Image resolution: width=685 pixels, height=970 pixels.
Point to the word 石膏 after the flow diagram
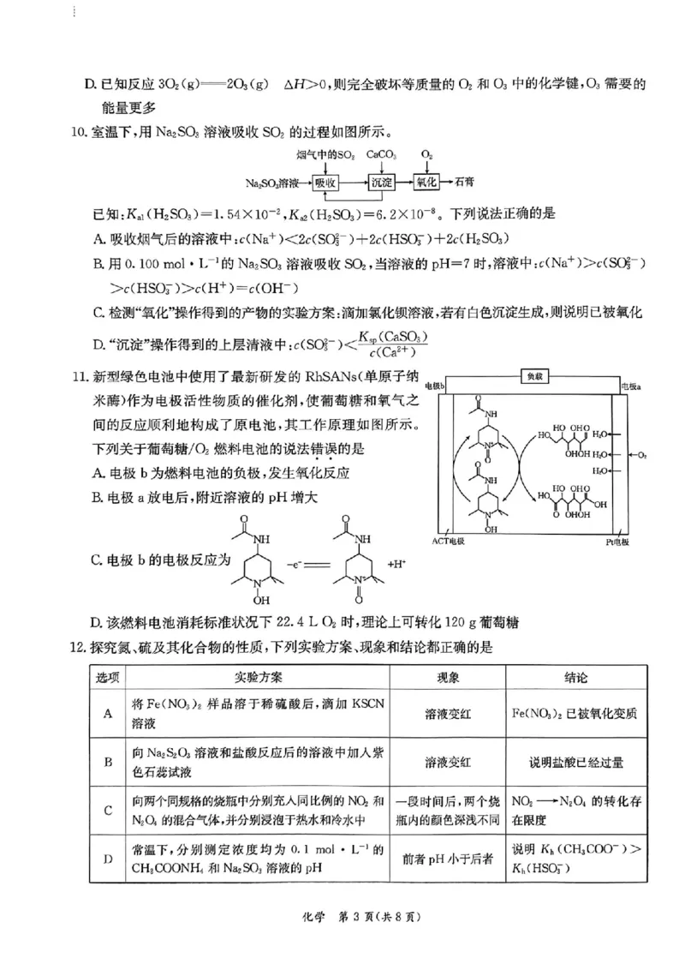point(465,183)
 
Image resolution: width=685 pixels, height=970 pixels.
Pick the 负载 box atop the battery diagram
point(533,376)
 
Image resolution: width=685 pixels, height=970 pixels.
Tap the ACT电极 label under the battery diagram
point(448,542)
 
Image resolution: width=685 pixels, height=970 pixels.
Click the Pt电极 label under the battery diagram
point(616,542)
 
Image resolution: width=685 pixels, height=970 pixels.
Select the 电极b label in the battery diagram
point(434,386)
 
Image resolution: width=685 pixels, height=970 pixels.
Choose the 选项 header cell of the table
point(108,677)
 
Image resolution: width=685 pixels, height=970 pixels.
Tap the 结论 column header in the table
point(575,677)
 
